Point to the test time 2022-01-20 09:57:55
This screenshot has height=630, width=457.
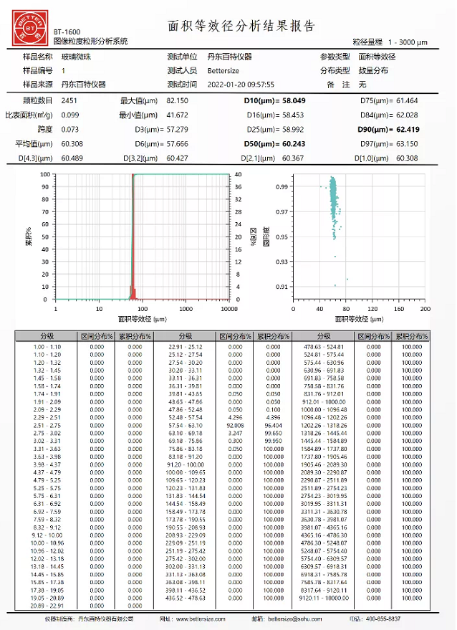click(241, 84)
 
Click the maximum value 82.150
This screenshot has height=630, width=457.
click(177, 101)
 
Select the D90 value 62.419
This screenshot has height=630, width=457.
click(410, 130)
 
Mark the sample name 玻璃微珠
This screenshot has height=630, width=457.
click(75, 56)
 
